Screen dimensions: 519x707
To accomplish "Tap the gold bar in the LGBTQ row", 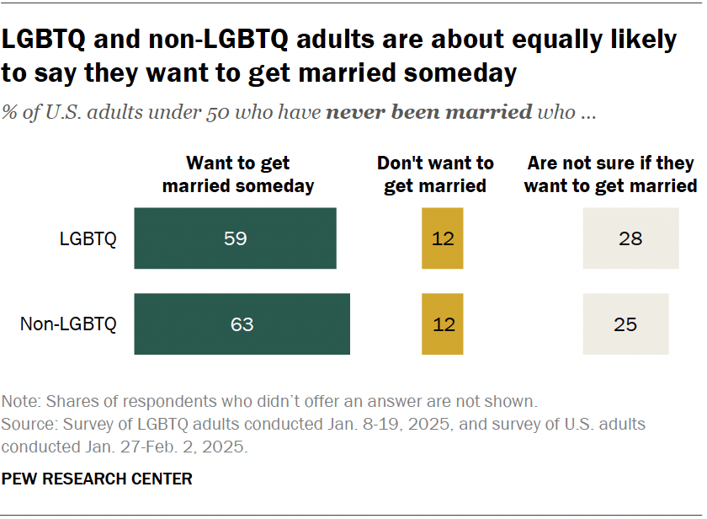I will click(x=442, y=238).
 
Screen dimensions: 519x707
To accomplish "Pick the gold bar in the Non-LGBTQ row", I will click(x=442, y=324).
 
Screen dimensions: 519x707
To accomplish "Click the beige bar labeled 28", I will click(x=630, y=238).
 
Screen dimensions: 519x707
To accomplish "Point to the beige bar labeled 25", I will click(x=625, y=324).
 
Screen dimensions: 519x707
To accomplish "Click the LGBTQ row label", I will click(x=88, y=238).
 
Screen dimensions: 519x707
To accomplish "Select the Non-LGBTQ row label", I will click(x=69, y=324).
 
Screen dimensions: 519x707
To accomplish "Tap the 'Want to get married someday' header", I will click(x=238, y=174).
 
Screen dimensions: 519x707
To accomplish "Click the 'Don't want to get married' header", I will click(x=435, y=174).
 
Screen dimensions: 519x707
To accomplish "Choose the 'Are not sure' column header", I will click(x=610, y=174).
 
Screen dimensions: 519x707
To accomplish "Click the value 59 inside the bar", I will click(x=236, y=238).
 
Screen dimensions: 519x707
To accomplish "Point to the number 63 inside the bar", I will click(x=242, y=324).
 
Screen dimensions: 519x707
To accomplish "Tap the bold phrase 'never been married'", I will click(x=428, y=112).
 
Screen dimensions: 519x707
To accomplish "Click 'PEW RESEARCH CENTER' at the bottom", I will click(x=98, y=479).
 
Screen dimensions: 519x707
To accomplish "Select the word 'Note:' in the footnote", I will click(x=22, y=401).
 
